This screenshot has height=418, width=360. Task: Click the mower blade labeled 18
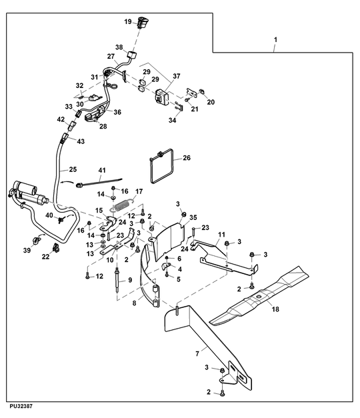[x=259, y=295]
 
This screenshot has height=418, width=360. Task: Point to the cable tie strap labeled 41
[x=99, y=183]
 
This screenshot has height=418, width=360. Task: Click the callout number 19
[x=128, y=21]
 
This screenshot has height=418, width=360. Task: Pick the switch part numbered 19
[x=143, y=23]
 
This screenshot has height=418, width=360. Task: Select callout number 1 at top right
[x=275, y=40]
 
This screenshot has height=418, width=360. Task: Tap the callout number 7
[x=197, y=354]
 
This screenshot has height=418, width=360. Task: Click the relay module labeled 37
[x=161, y=97]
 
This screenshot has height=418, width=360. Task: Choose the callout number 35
[x=193, y=217]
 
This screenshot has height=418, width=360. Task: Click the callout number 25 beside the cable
[x=73, y=169]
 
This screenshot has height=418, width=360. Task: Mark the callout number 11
[x=221, y=235]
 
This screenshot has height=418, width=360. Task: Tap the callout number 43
[x=81, y=141]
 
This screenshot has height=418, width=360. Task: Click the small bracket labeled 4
[x=166, y=266]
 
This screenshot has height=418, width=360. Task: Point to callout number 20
[x=211, y=102]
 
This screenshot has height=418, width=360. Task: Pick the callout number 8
[x=134, y=303]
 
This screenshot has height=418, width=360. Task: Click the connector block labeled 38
[x=132, y=55]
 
